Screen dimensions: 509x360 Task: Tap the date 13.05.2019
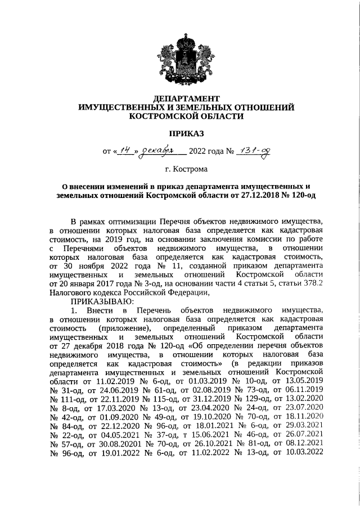pyautogui.click(x=303, y=381)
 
